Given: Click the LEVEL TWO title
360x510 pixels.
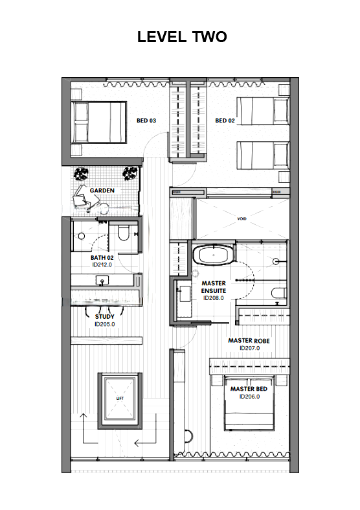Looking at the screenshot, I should coord(182,37).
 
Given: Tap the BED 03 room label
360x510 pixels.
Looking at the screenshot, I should coord(146,121).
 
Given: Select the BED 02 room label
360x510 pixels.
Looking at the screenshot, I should coord(224,121).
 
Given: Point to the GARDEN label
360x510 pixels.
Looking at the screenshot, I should coord(102,191).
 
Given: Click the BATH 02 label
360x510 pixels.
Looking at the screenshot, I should coord(102,258).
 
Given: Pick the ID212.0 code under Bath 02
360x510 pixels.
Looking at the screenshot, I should coord(102,265).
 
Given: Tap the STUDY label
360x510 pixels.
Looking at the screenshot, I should coord(104,317).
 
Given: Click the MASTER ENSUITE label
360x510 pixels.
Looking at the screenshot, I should coord(213,288).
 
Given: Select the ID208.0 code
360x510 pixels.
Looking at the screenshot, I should coord(213,299).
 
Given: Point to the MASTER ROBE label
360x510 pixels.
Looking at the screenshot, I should coord(249,341).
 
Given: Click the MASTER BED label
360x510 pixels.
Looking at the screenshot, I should coord(249,389).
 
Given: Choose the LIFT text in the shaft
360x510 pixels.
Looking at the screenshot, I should coord(119,399).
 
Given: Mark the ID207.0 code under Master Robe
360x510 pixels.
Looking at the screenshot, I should coord(249,348).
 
